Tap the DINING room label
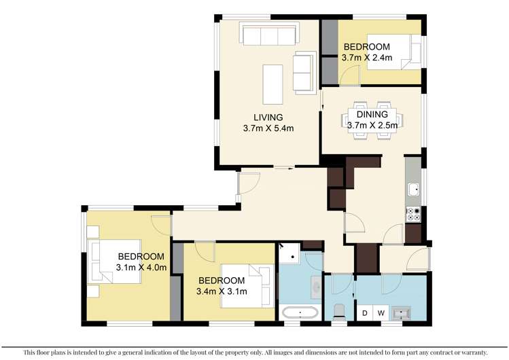[x=372, y=115]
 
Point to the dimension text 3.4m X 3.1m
[x=222, y=291]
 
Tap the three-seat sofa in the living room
[x=268, y=33]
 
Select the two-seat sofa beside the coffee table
[x=302, y=72]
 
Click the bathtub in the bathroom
[x=300, y=313]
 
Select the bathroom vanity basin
[x=317, y=287]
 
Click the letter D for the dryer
[x=365, y=313]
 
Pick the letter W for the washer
[x=381, y=313]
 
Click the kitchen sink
[x=413, y=190]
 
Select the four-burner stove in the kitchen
[x=413, y=214]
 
